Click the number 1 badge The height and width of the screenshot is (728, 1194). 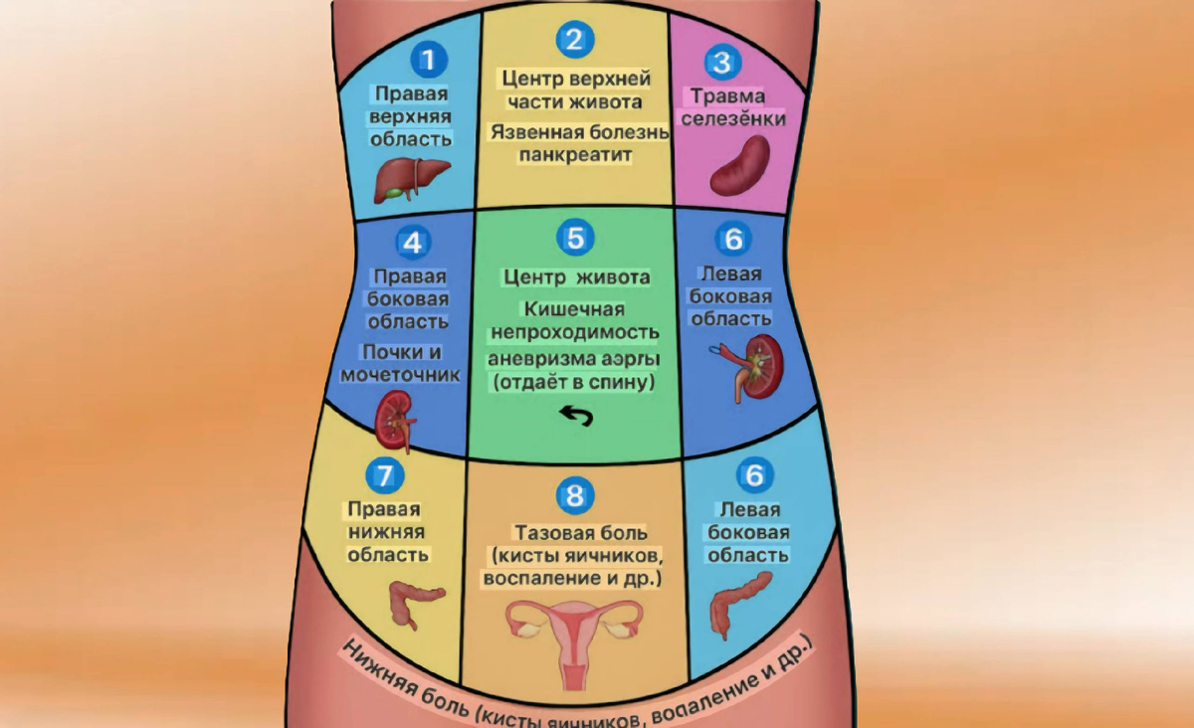tap(429, 61)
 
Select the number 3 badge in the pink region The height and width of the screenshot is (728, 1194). tap(721, 64)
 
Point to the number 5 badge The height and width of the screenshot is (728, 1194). tap(574, 238)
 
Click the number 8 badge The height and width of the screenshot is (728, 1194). tap(576, 494)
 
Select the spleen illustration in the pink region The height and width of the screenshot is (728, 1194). tap(739, 165)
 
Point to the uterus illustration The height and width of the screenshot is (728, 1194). tap(574, 633)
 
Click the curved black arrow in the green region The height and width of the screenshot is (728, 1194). tap(574, 415)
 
